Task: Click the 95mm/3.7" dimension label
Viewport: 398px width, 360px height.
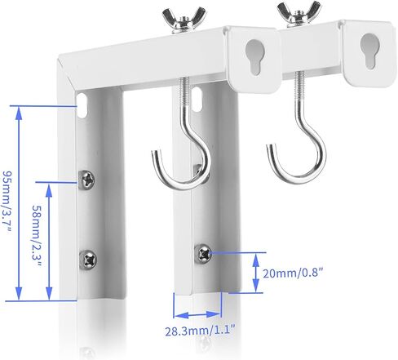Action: (x=7, y=202)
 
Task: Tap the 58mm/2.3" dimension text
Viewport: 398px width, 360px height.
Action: (x=37, y=236)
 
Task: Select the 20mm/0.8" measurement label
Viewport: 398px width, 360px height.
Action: (x=294, y=273)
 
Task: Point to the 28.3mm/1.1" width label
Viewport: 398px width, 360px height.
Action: (x=200, y=331)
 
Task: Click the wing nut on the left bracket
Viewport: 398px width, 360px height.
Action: (x=184, y=20)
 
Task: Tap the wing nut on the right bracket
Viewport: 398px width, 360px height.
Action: (x=298, y=14)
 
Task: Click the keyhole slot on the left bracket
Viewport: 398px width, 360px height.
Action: (x=254, y=56)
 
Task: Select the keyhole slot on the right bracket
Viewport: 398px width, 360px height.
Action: (x=369, y=51)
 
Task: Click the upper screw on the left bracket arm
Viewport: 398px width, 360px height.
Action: (x=86, y=180)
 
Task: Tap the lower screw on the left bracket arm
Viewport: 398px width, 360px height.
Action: (x=88, y=260)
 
